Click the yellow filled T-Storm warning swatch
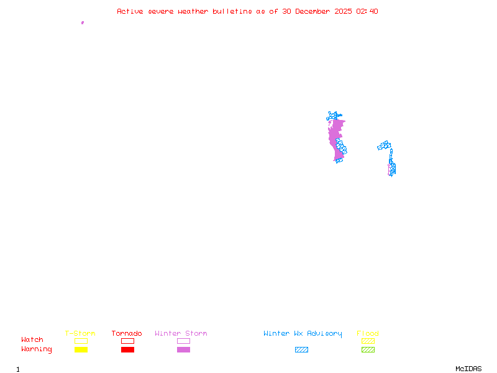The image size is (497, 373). (81, 349)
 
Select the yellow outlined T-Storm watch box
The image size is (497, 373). (81, 341)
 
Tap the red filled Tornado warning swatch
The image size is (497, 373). (127, 349)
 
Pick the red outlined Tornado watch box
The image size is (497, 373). (127, 341)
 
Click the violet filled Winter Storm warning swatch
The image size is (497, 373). (183, 349)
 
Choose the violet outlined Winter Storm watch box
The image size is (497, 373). (183, 341)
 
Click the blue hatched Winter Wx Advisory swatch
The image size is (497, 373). (301, 349)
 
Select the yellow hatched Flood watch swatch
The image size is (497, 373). (368, 341)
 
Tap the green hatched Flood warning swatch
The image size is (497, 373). (368, 349)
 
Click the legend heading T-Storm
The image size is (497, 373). (80, 333)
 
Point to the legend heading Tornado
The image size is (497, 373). (127, 333)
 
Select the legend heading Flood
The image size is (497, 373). (368, 333)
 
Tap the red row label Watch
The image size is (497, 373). (32, 340)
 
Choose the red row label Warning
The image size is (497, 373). (37, 349)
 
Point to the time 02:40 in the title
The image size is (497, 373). (366, 11)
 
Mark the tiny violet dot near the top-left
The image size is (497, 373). (83, 22)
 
